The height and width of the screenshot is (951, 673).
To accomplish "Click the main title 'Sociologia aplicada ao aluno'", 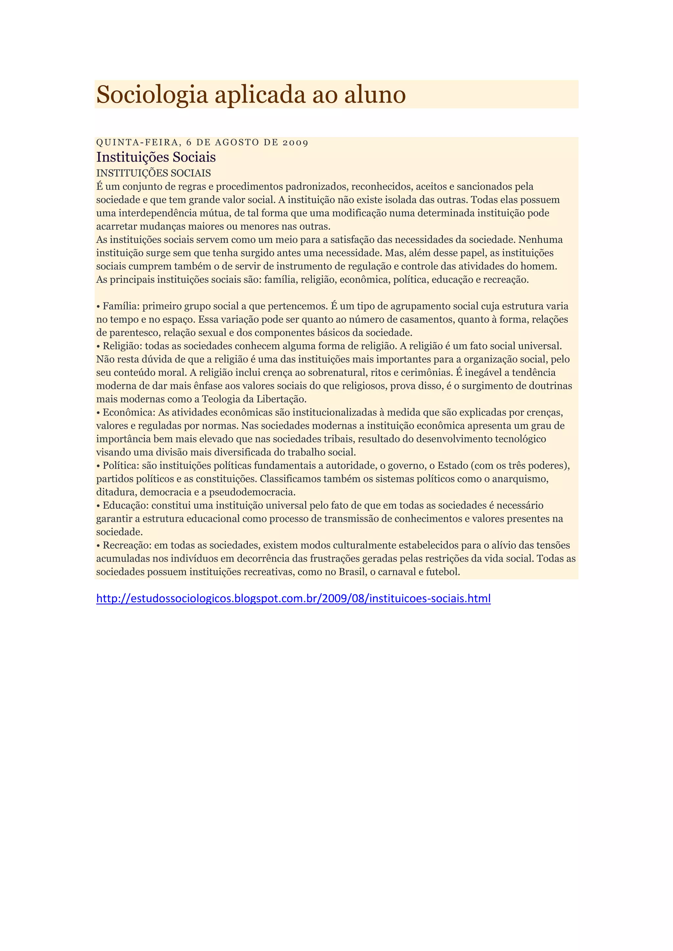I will click(251, 95).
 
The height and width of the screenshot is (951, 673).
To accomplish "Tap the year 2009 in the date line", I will click(295, 143).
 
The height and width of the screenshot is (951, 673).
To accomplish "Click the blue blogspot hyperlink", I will click(293, 599).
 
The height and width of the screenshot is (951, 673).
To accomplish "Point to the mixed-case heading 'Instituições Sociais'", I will click(156, 157).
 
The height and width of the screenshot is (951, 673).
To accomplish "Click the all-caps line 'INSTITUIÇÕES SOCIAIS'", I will click(153, 173).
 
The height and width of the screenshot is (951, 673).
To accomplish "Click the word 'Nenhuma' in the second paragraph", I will click(540, 240).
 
